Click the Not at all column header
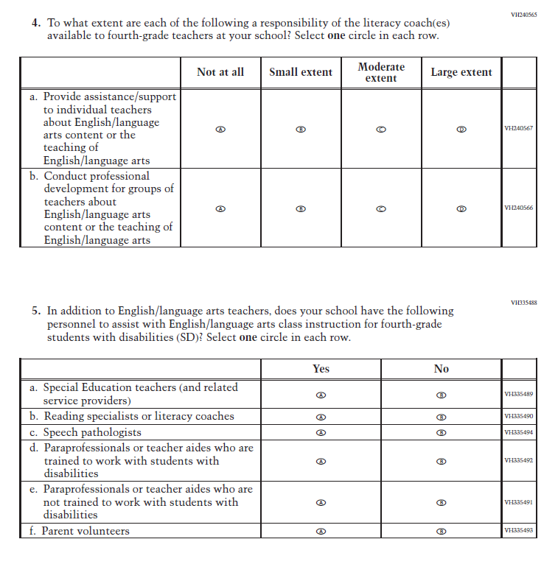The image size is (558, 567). [x=220, y=72]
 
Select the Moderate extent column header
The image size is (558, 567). [x=381, y=72]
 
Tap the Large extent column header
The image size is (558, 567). [x=461, y=72]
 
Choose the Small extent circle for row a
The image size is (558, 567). [x=300, y=129]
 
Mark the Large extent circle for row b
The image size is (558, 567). [x=461, y=208]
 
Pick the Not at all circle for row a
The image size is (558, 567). [x=220, y=129]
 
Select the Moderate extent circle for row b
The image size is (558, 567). [x=380, y=208]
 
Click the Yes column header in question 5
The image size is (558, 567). [x=321, y=369]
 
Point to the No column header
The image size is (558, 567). [x=442, y=369]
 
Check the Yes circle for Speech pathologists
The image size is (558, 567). [x=321, y=432]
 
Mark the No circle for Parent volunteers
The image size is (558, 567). [x=442, y=531]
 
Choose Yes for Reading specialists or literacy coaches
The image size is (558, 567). [x=321, y=417]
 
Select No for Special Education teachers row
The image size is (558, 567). [x=442, y=395]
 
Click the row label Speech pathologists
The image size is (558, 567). [x=91, y=432]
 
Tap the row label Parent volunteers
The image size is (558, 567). [x=85, y=531]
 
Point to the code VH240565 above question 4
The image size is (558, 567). [x=523, y=15]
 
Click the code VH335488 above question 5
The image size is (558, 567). [x=523, y=303]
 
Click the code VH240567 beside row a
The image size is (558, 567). [x=518, y=128]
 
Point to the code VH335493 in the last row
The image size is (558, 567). [x=518, y=531]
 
